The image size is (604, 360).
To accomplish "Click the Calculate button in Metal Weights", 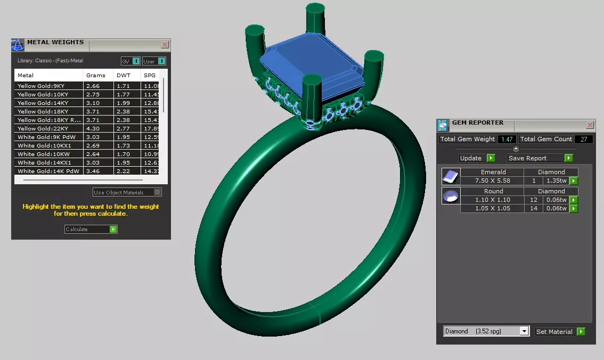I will [x=91, y=230].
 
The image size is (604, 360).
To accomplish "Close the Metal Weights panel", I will [x=165, y=45].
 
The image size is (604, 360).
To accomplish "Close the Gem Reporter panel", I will [x=590, y=125].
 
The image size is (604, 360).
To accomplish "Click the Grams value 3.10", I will [x=93, y=103].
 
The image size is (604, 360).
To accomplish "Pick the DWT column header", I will [x=124, y=75].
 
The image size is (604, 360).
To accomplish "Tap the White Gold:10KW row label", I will [x=40, y=154].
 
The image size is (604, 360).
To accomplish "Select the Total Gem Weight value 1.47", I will [x=507, y=140].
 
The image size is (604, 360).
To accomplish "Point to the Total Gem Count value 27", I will [x=583, y=140].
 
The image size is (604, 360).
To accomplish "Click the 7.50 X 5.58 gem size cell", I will [x=492, y=181].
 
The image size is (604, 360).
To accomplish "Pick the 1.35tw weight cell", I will [x=555, y=181].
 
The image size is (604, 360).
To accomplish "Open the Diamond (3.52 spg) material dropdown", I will [x=486, y=331].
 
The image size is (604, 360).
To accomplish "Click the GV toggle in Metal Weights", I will [x=131, y=61].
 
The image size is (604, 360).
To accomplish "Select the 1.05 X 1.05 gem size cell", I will [x=493, y=208].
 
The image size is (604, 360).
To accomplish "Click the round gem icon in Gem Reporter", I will [x=451, y=197].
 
